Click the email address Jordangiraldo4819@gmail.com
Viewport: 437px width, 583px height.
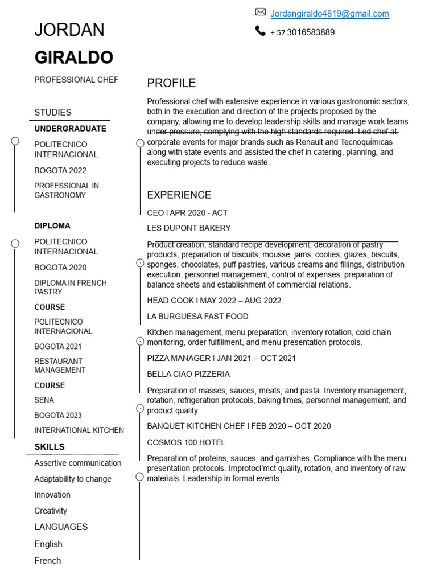(329, 14)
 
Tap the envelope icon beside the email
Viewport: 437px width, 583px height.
(261, 12)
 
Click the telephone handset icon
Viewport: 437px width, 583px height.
(261, 31)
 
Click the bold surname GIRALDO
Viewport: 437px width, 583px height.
(74, 58)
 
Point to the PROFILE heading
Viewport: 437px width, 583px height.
(171, 83)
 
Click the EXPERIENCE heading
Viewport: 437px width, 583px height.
(179, 195)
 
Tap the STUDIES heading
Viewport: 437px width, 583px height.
(53, 112)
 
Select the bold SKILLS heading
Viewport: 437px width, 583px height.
(50, 447)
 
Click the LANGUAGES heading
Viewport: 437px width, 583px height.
(61, 527)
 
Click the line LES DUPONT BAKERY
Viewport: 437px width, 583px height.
(189, 228)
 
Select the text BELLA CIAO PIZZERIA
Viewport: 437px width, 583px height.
(188, 374)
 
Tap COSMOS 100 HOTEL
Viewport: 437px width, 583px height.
(186, 442)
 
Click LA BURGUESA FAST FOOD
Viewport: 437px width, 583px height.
(197, 317)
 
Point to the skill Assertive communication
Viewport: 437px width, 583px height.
(78, 463)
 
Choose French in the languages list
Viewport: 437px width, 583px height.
(48, 560)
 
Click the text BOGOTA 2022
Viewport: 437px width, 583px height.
(60, 170)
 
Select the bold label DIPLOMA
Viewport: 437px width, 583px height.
(52, 225)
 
